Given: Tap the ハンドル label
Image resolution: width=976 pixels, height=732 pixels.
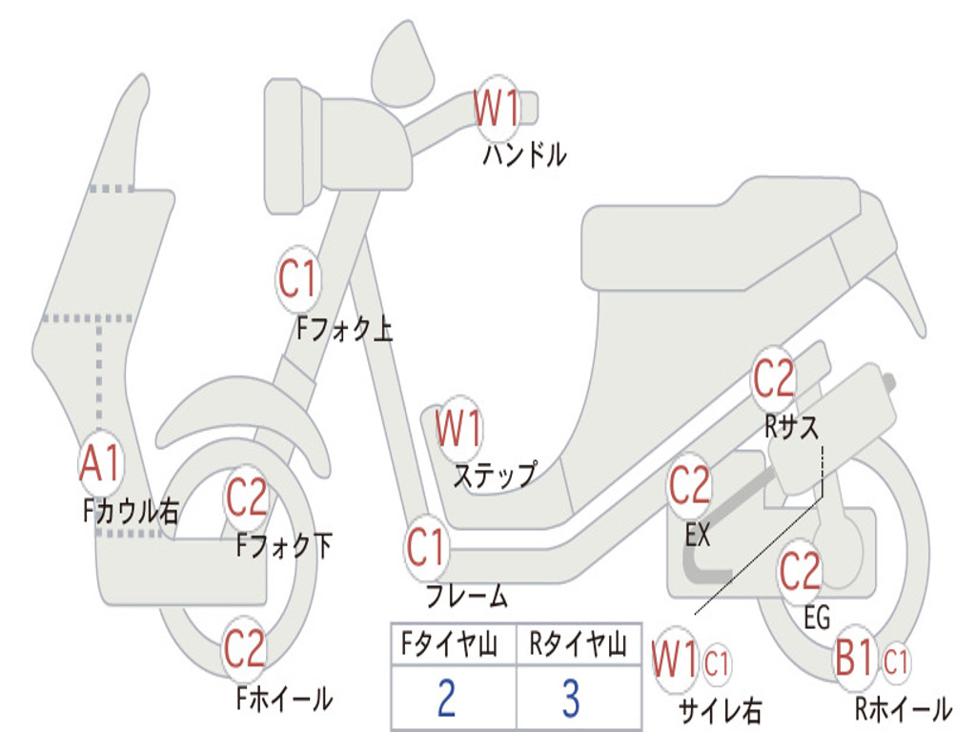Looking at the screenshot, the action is [525, 154].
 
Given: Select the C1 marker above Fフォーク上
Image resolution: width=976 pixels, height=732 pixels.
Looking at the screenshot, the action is [298, 279].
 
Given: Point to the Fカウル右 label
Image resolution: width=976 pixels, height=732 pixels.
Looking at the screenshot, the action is [131, 511].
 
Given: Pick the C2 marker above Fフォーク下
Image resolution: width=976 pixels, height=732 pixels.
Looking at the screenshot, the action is [247, 498].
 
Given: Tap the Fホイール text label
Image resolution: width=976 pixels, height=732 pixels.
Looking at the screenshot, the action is [284, 699].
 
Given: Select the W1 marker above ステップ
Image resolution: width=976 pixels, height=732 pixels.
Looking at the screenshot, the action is [459, 428].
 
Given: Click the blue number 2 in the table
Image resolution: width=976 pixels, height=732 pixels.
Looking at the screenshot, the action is [447, 697].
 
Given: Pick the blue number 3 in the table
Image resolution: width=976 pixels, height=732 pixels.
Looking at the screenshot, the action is [572, 697].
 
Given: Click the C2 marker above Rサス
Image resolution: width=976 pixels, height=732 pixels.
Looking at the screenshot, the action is [774, 378].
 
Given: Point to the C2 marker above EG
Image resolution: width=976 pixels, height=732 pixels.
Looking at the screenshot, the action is [801, 571].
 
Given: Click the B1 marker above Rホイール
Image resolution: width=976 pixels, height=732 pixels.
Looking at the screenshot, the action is [855, 658].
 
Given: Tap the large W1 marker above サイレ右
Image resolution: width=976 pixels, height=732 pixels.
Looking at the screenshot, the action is [675, 660].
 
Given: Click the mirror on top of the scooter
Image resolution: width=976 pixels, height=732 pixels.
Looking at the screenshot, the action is [402, 65].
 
